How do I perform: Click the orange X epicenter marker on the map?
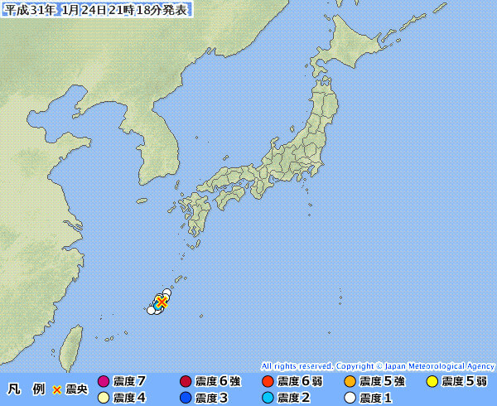coord(162,302)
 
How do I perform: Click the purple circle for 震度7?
coord(104,382)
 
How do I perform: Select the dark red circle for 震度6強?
coord(186,382)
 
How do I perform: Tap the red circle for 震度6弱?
coord(267,382)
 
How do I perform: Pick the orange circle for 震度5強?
coord(350,382)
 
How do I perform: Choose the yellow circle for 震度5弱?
coord(432,382)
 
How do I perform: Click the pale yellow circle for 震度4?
coord(104,398)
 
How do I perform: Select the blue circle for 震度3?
coord(186,398)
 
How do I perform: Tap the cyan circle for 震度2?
coord(267,398)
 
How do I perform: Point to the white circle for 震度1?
coord(350,398)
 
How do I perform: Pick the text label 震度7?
coord(129,382)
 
